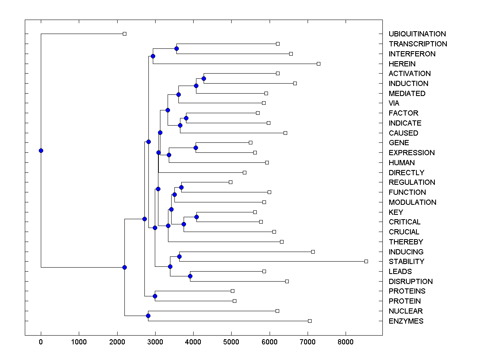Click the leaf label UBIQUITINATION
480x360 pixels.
tap(417, 34)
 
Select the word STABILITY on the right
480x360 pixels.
tap(406, 262)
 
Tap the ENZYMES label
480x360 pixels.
tap(406, 321)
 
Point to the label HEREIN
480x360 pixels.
tap(402, 64)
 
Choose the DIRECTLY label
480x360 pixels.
tap(406, 173)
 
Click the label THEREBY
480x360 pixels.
tap(406, 242)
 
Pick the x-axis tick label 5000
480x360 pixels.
tap(231, 342)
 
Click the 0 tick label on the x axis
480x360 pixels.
tap(41, 342)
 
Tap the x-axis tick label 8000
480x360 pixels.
tap(346, 342)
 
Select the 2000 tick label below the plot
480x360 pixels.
tap(117, 342)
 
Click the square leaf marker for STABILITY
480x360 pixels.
tap(366, 261)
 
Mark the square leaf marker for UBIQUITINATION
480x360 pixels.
tap(124, 34)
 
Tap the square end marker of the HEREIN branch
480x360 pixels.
tap(318, 64)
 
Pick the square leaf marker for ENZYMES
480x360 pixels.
tap(310, 321)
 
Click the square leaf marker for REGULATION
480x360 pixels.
tap(230, 182)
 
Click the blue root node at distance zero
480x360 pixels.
tap(41, 150)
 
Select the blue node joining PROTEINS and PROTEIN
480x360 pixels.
tap(155, 296)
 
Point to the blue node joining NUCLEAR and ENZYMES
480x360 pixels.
tap(148, 316)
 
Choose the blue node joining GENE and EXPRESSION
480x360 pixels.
tap(196, 148)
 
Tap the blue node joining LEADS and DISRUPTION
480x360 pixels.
tap(190, 276)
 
